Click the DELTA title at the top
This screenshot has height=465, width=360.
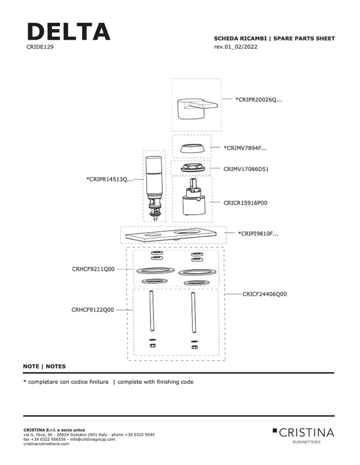tap(68, 31)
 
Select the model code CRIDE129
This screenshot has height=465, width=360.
tap(40, 46)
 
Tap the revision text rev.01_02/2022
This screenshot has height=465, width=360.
tap(236, 47)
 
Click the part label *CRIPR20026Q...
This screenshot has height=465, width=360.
tap(258, 100)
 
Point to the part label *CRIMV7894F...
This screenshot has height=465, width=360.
tap(245, 148)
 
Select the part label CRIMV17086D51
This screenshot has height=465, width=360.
tap(246, 169)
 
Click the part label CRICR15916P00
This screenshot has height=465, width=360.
tap(245, 203)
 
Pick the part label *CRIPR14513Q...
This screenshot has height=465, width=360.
tap(109, 180)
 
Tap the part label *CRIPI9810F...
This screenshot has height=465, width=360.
tap(258, 234)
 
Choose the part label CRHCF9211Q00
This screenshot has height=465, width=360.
tap(93, 269)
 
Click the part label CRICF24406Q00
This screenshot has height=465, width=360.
tap(264, 294)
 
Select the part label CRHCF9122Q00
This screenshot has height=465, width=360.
tap(93, 310)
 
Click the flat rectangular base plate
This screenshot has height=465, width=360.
tap(173, 235)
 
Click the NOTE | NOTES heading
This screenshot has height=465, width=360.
tap(44, 366)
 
